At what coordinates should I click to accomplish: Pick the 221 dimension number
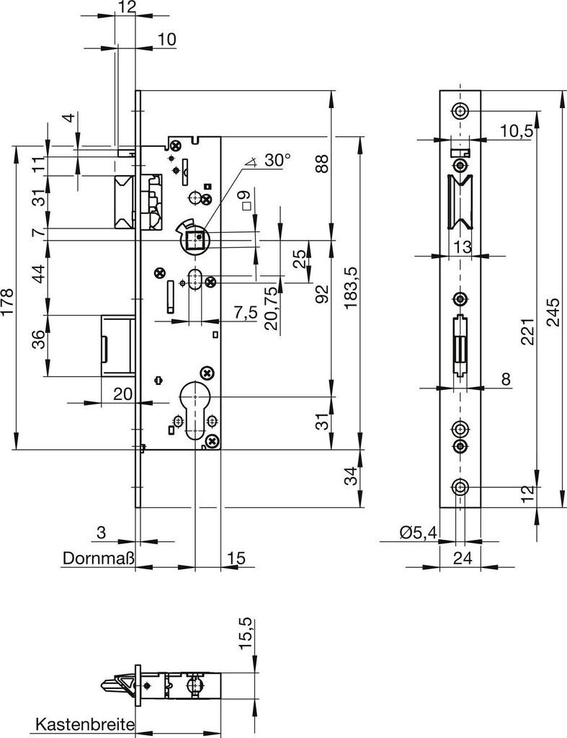tap(527, 329)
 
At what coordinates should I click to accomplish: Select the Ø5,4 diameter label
tap(417, 533)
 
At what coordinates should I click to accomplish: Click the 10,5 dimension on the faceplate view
tap(516, 130)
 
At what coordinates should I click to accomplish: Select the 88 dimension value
tap(322, 164)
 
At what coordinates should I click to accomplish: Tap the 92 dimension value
tap(322, 293)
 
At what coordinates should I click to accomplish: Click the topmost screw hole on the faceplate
tap(459, 111)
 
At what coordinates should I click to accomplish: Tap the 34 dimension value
tap(350, 476)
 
